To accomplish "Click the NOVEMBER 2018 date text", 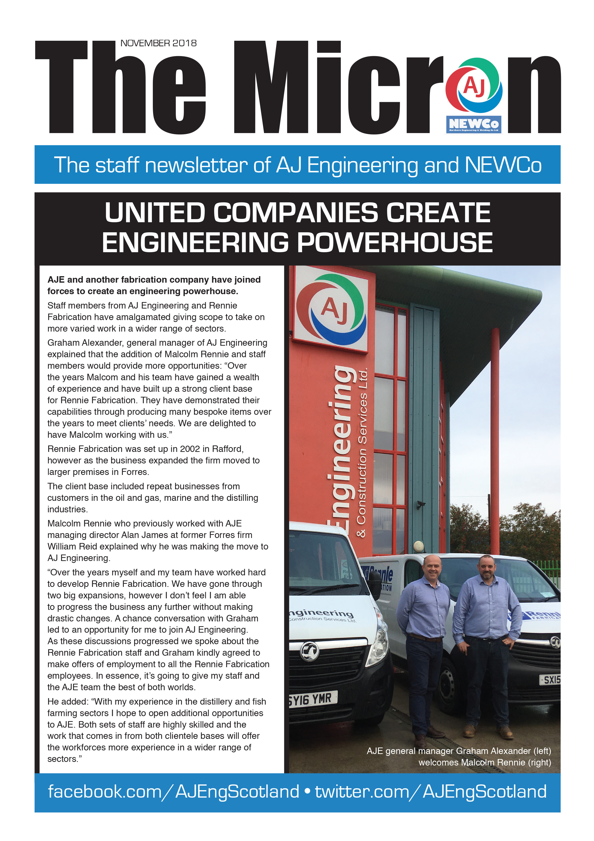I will (159, 43).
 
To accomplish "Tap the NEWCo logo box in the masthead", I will (474, 124).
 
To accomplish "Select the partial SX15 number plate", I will (550, 680).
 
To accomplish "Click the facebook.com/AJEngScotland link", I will (173, 792).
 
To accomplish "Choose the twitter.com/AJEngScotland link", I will (431, 792).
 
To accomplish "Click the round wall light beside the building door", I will (419, 546).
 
